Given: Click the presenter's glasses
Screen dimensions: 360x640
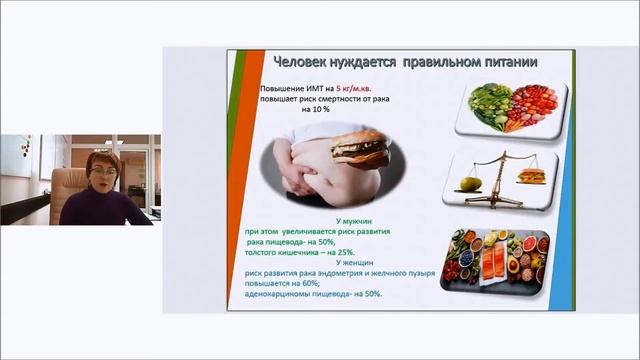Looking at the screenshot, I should pyautogui.click(x=102, y=172).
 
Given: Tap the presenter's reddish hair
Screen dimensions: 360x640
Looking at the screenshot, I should pyautogui.click(x=104, y=159).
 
